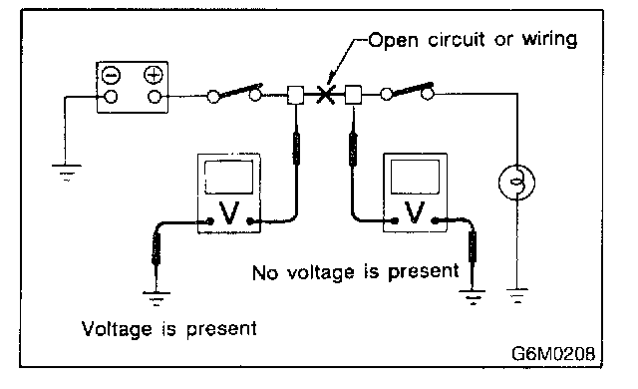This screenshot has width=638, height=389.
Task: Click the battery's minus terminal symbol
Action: (111, 75)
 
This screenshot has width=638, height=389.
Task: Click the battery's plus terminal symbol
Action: (154, 75)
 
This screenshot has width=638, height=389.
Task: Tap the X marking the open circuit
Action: (326, 95)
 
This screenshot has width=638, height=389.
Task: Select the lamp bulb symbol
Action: (516, 183)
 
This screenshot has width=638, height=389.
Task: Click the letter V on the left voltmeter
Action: (229, 212)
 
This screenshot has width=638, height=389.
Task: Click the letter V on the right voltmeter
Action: (415, 212)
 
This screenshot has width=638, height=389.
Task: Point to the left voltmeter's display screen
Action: (228, 177)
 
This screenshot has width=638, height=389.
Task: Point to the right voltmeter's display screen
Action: (415, 177)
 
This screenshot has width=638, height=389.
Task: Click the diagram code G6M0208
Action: (553, 354)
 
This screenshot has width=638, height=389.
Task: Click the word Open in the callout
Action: (393, 40)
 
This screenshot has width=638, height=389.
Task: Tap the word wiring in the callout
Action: (549, 40)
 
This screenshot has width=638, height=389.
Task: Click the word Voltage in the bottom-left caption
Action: (117, 329)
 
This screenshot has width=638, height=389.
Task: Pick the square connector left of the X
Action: (295, 95)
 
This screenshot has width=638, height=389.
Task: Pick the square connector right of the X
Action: (353, 95)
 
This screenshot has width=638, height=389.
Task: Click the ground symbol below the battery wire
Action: (67, 173)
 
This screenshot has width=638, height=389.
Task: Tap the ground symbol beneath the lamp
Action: (517, 296)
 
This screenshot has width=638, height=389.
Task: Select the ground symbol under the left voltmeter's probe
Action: (157, 299)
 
